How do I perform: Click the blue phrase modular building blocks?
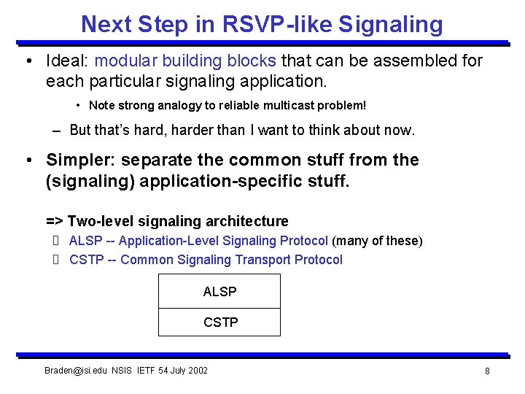click(186, 61)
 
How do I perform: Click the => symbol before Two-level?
click(55, 221)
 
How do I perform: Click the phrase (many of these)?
click(377, 241)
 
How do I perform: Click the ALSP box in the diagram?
click(219, 292)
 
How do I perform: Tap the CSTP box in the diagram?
click(219, 322)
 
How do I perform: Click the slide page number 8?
click(486, 371)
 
